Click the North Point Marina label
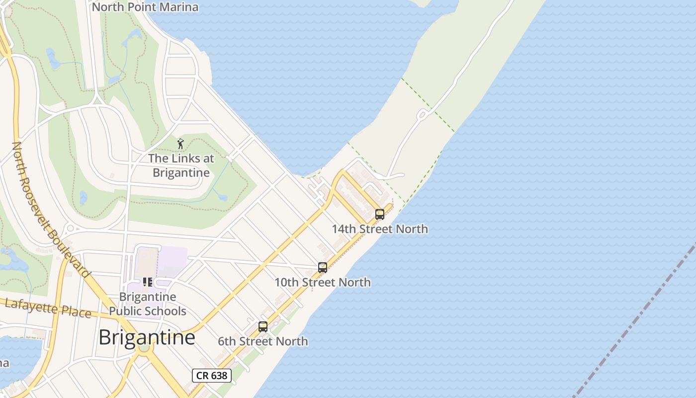pos(145,7)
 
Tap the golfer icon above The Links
pos(180,144)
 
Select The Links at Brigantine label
pos(181,166)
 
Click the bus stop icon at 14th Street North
pos(380,214)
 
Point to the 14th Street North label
pos(380,229)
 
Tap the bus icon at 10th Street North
pos(323,268)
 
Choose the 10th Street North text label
pos(323,282)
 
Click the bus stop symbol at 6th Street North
pos(263,327)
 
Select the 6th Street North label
pos(263,341)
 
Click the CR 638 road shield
pos(212,376)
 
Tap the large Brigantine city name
pos(147,337)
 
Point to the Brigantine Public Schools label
pos(148,304)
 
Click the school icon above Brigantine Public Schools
pos(148,282)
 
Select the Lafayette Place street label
pos(48,308)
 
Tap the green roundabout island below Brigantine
pos(144,347)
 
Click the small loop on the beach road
pos(423,115)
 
